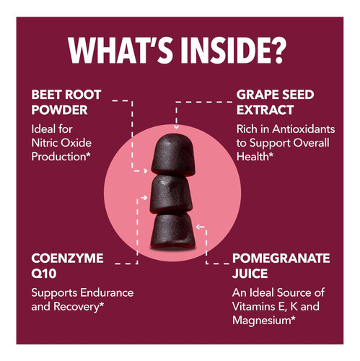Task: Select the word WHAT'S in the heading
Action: pyautogui.click(x=120, y=51)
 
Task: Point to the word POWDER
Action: pyautogui.click(x=59, y=110)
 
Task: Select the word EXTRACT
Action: pyautogui.click(x=265, y=110)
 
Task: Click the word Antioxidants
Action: pyautogui.click(x=304, y=129)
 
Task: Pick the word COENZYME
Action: pyautogui.click(x=67, y=258)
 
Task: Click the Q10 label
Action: pyautogui.click(x=44, y=274)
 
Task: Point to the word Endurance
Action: pyautogui.click(x=107, y=292)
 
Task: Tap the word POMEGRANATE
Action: pyautogui.click(x=281, y=258)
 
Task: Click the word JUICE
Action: pyautogui.click(x=250, y=274)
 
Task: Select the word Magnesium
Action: pyautogui.click(x=262, y=321)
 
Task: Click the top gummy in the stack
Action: pyautogui.click(x=173, y=155)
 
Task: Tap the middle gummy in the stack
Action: pyautogui.click(x=171, y=194)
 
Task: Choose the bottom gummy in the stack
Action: pyautogui.click(x=172, y=231)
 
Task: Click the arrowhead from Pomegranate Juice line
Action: pyautogui.click(x=198, y=227)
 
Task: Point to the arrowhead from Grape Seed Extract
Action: pyautogui.click(x=176, y=127)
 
